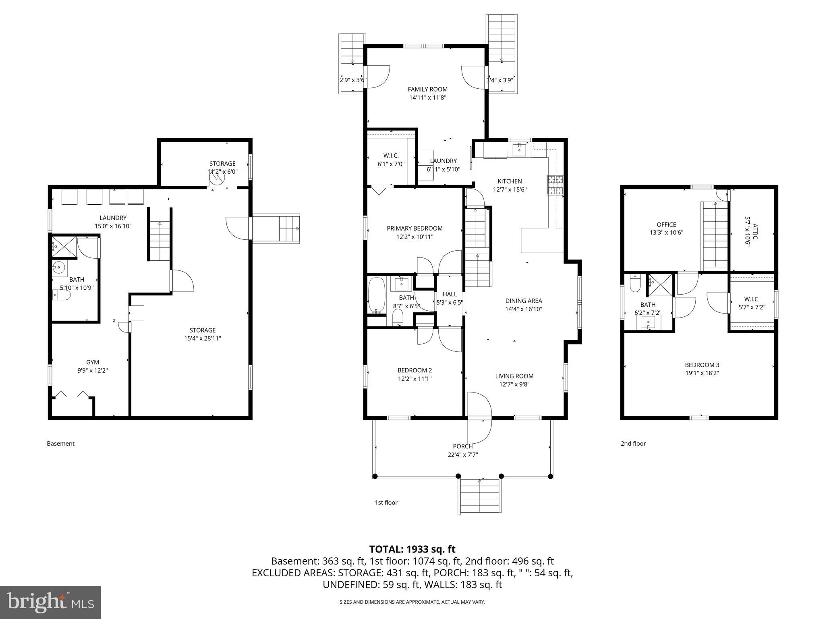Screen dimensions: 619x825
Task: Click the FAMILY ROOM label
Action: click(427, 89)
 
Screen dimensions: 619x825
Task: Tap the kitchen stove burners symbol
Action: click(556, 185)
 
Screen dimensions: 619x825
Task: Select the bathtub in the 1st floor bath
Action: click(377, 295)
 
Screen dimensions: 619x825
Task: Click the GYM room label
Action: click(92, 362)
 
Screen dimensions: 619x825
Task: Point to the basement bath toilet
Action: click(61, 295)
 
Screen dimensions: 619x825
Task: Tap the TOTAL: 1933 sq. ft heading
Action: click(412, 549)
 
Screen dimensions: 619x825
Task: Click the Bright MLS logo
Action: click(50, 602)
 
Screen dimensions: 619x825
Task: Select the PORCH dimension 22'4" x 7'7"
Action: click(462, 455)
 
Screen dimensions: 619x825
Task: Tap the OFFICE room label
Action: click(666, 225)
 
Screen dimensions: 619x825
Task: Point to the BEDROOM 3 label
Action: click(702, 365)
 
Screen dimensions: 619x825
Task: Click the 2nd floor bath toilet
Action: click(635, 283)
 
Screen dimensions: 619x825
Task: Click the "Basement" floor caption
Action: click(61, 444)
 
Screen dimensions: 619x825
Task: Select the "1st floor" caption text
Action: click(386, 503)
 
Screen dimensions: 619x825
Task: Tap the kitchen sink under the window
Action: click(520, 150)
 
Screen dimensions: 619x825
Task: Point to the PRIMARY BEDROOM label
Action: click(415, 228)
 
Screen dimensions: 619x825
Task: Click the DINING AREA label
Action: click(524, 301)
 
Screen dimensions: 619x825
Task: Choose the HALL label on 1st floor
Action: click(450, 294)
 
